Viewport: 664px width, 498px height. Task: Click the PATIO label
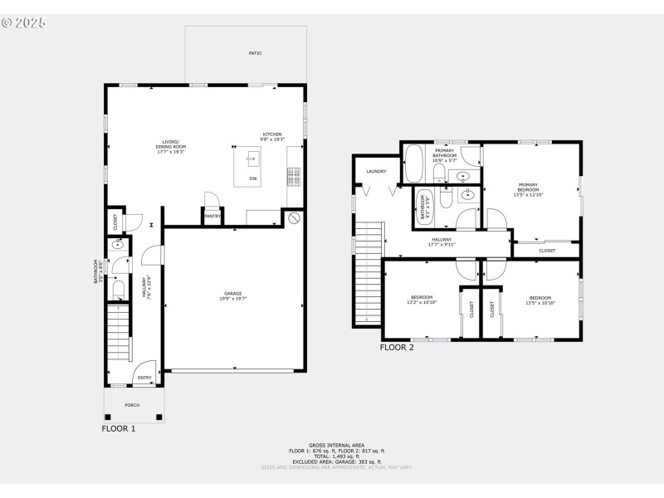(x=255, y=53)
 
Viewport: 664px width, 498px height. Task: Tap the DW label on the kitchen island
(x=251, y=176)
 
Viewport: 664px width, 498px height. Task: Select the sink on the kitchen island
(x=250, y=155)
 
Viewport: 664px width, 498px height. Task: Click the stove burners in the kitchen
(x=293, y=176)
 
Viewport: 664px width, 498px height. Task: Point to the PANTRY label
(x=212, y=216)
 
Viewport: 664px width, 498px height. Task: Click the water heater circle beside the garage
(x=295, y=219)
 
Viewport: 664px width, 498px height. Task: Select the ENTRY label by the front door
(x=144, y=378)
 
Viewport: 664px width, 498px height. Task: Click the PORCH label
(x=132, y=405)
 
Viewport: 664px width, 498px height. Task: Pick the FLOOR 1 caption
(x=118, y=429)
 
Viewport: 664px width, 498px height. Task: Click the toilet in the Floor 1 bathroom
(x=118, y=288)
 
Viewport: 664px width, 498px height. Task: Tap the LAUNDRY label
(x=376, y=171)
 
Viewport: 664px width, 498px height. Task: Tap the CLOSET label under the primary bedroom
(x=547, y=250)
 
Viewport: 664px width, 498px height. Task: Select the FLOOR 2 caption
(x=397, y=348)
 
